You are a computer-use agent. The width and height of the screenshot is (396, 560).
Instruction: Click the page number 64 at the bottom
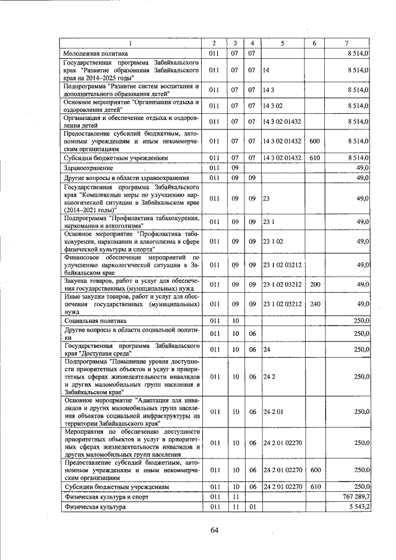[x=215, y=529]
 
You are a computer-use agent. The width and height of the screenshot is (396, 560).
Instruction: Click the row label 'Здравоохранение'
[x=86, y=168]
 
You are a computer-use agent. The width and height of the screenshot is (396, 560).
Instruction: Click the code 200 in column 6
[x=314, y=284]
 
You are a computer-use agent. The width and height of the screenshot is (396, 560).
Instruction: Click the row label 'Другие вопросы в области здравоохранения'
[x=127, y=178]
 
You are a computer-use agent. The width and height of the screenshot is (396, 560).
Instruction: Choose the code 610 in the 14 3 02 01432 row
[x=314, y=158]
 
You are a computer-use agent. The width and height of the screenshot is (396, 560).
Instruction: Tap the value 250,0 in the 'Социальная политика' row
[x=361, y=321]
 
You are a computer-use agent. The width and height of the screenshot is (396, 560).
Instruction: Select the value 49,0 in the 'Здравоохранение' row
[x=363, y=168]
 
